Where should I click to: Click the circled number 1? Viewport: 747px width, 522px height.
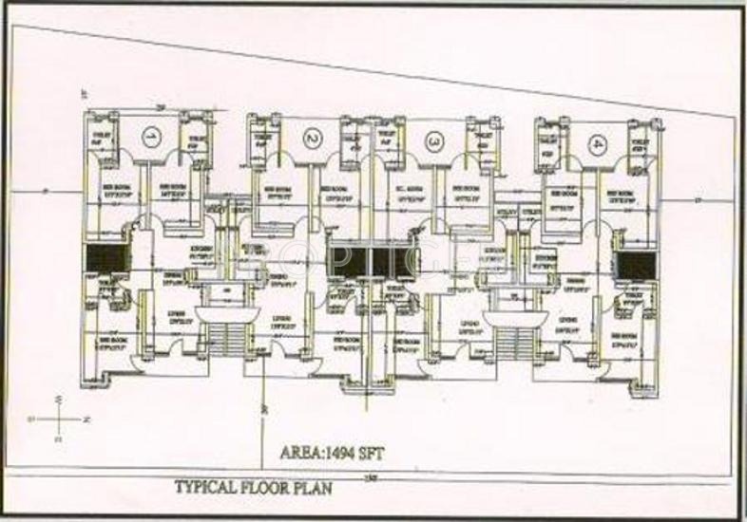tap(149, 138)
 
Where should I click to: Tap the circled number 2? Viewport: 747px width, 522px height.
tap(312, 140)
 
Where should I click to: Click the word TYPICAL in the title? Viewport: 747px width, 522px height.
tap(205, 488)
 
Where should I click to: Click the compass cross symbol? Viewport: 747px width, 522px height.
tap(59, 417)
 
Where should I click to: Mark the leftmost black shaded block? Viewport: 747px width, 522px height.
tap(105, 256)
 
